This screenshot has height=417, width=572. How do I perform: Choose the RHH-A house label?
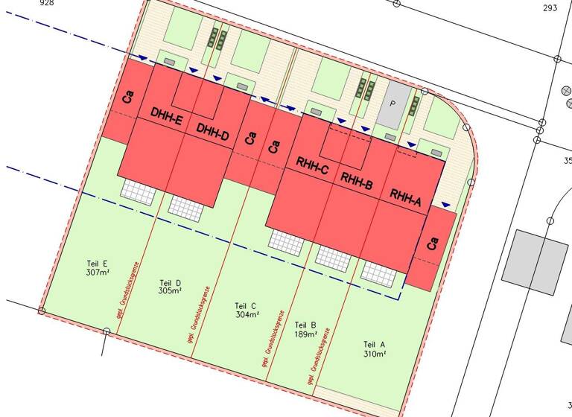click(x=406, y=196)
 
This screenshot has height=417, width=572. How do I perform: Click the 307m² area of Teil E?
click(x=98, y=273)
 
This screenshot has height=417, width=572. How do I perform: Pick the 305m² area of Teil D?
click(x=171, y=291)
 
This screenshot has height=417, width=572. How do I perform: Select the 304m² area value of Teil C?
click(x=247, y=315)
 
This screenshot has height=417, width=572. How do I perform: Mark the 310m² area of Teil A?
click(x=374, y=354)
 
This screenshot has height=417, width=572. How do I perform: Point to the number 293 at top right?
click(x=550, y=8)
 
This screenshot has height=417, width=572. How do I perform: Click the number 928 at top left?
click(x=26, y=4)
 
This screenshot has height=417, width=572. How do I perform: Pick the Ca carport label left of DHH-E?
click(x=128, y=97)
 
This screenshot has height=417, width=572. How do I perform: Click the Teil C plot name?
click(x=246, y=306)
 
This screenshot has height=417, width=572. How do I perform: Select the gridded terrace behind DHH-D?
click(x=186, y=206)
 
